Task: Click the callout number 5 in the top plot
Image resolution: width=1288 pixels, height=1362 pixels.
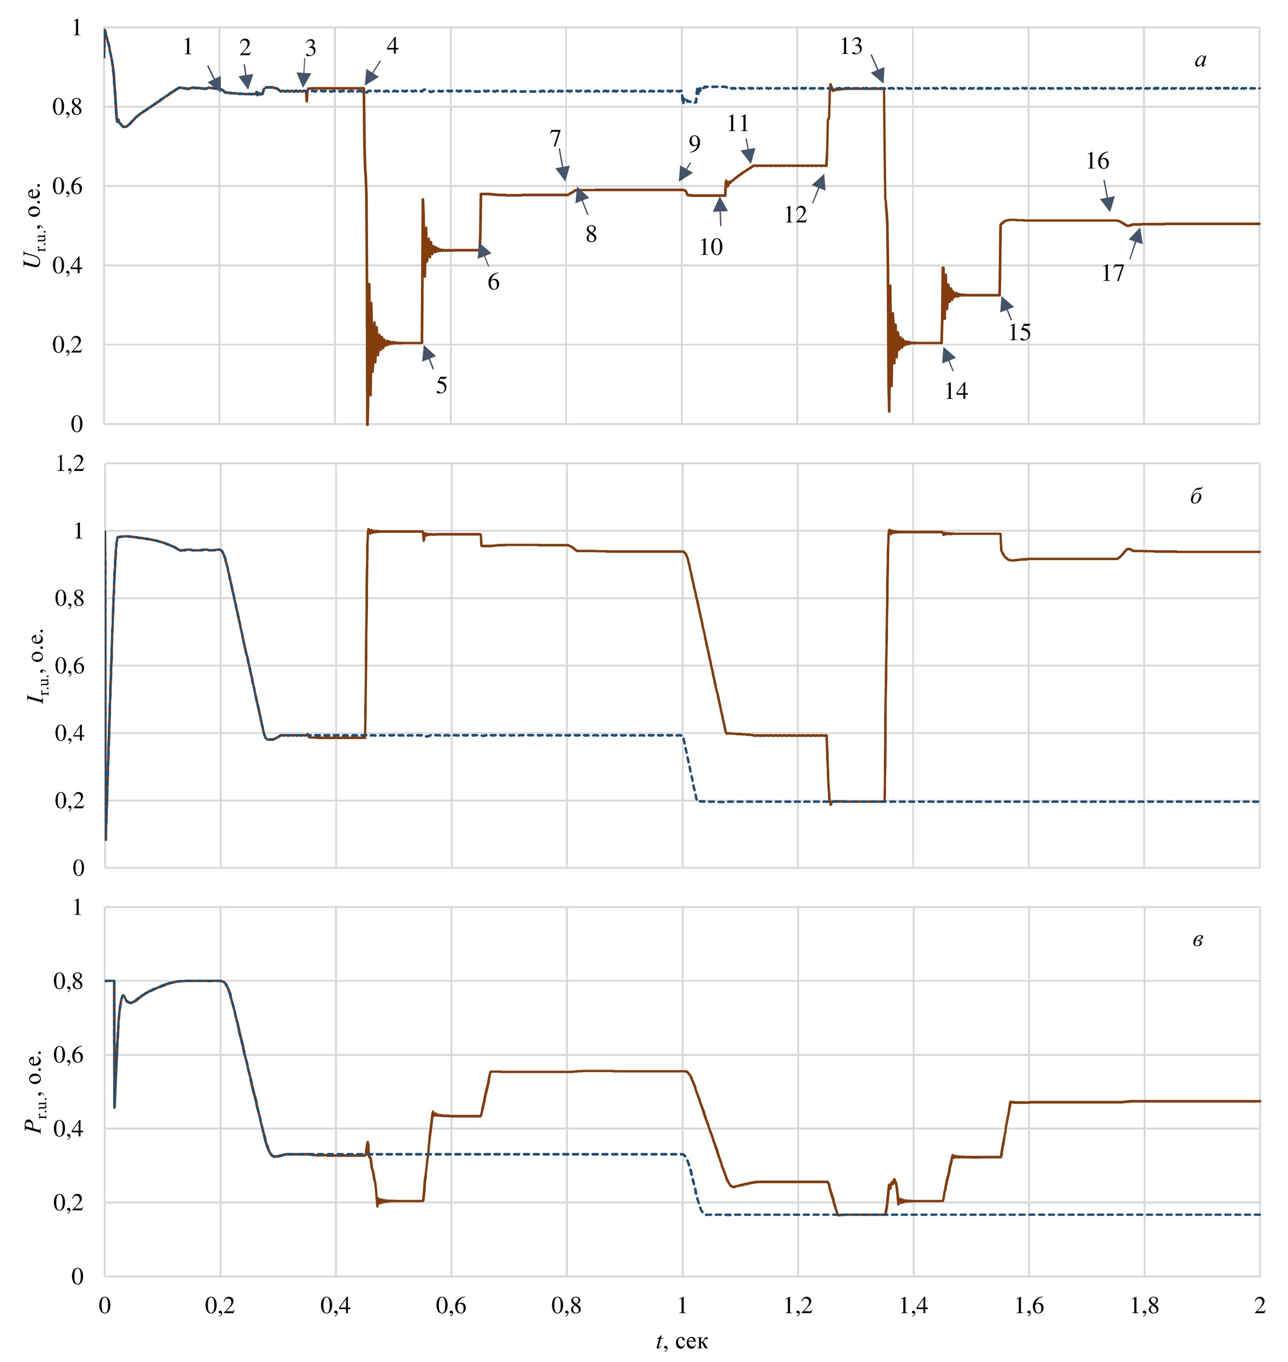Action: click(442, 385)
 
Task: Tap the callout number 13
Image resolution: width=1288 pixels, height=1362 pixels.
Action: click(851, 47)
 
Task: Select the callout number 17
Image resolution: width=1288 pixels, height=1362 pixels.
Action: click(1114, 273)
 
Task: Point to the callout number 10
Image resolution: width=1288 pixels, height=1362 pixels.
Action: click(711, 247)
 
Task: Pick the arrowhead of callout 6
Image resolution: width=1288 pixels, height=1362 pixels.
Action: click(483, 250)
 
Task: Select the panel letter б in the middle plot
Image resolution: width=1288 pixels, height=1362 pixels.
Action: click(1196, 496)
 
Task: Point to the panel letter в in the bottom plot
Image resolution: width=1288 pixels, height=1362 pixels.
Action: click(1198, 940)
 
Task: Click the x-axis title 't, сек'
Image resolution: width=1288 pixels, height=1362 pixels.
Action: click(681, 1341)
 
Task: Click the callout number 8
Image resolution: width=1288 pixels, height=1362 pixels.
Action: click(591, 234)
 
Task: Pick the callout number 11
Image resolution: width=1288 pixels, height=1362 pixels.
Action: click(738, 124)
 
